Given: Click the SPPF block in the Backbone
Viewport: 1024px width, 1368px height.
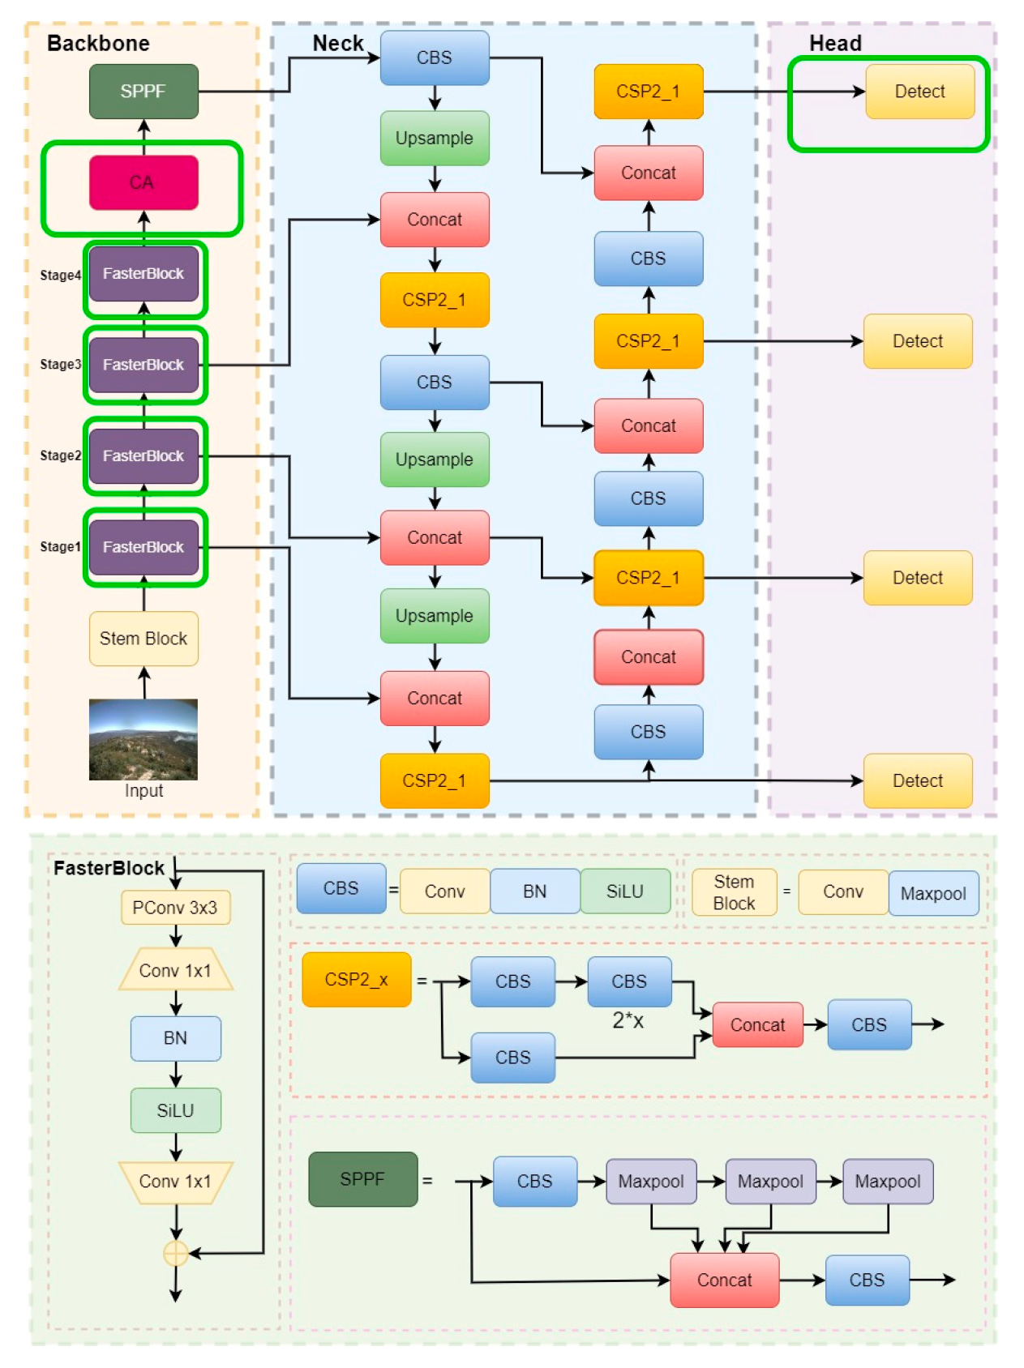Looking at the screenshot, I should tap(144, 92).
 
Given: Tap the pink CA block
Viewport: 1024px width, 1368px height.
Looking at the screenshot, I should tap(144, 182).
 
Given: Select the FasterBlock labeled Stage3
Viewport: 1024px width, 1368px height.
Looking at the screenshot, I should tap(144, 365).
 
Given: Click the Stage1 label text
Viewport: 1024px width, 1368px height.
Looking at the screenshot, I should tap(60, 547).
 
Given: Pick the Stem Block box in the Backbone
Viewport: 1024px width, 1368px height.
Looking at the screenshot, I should tap(144, 639).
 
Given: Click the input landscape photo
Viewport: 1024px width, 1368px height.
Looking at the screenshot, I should tap(144, 739).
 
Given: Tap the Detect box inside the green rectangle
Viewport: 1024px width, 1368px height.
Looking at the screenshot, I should tap(919, 92).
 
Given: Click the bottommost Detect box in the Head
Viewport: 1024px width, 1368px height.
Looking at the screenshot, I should tap(917, 780).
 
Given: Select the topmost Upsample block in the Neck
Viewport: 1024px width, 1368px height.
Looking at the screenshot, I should tap(435, 139).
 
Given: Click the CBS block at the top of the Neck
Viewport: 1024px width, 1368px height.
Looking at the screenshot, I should tap(435, 58).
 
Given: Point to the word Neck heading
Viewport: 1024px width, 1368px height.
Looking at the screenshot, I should tap(338, 43).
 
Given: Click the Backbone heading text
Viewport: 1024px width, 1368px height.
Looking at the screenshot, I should tap(98, 43).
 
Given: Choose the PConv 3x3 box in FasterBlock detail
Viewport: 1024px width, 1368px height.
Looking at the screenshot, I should tap(175, 908).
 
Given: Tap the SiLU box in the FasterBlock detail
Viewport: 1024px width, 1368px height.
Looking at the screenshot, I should tap(175, 1110).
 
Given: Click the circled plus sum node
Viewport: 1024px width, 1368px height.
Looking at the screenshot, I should tap(176, 1254).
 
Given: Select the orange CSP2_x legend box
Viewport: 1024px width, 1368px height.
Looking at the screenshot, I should tap(357, 980).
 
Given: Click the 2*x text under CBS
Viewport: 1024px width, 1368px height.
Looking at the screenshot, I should tap(628, 1020).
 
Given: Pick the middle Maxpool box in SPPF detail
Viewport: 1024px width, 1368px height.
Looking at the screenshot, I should tap(770, 1182).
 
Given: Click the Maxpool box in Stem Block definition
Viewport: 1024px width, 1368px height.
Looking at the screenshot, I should tap(933, 893).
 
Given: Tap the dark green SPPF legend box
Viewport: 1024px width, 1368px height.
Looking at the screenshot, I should tap(362, 1179).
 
